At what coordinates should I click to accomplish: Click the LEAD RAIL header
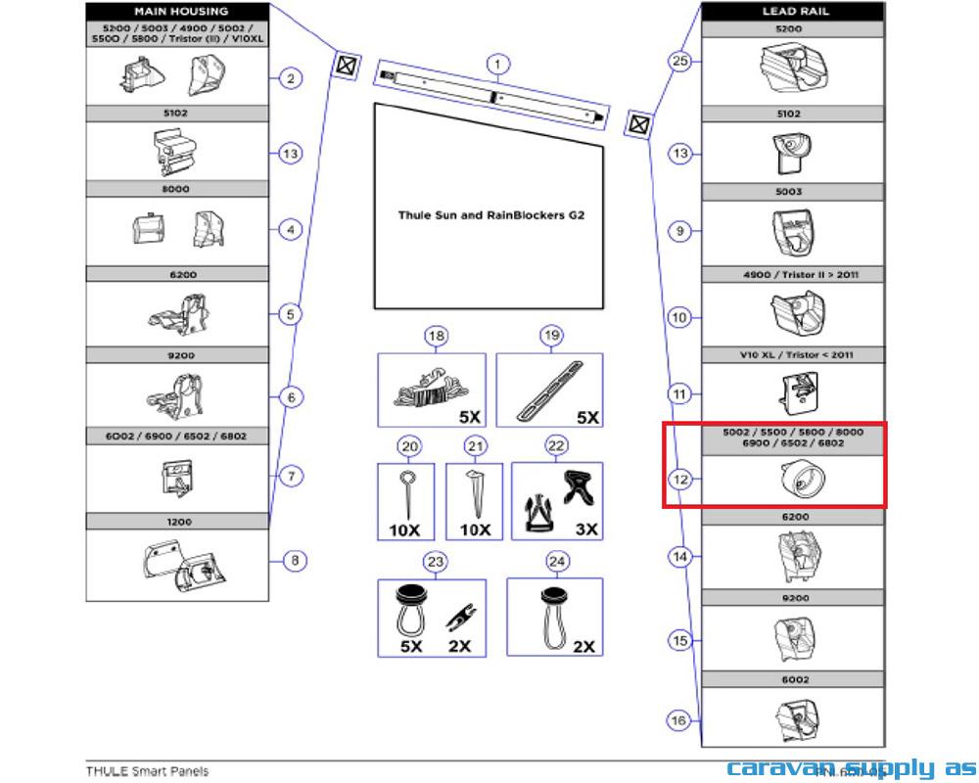pos(792,11)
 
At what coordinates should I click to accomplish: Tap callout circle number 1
pos(498,66)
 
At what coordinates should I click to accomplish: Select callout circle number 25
pos(680,61)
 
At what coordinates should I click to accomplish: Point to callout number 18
pos(436,337)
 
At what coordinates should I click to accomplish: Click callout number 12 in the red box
pos(680,479)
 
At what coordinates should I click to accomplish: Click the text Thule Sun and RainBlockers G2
pos(490,214)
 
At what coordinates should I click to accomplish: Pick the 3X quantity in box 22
pos(586,530)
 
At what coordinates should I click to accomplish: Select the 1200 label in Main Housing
pos(177,522)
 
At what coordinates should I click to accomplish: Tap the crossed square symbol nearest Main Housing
pos(345,66)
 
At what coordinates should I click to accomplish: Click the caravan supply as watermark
pos(850,768)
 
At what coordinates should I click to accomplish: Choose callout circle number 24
pos(557,562)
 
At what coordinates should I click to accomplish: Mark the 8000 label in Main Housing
pos(176,189)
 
